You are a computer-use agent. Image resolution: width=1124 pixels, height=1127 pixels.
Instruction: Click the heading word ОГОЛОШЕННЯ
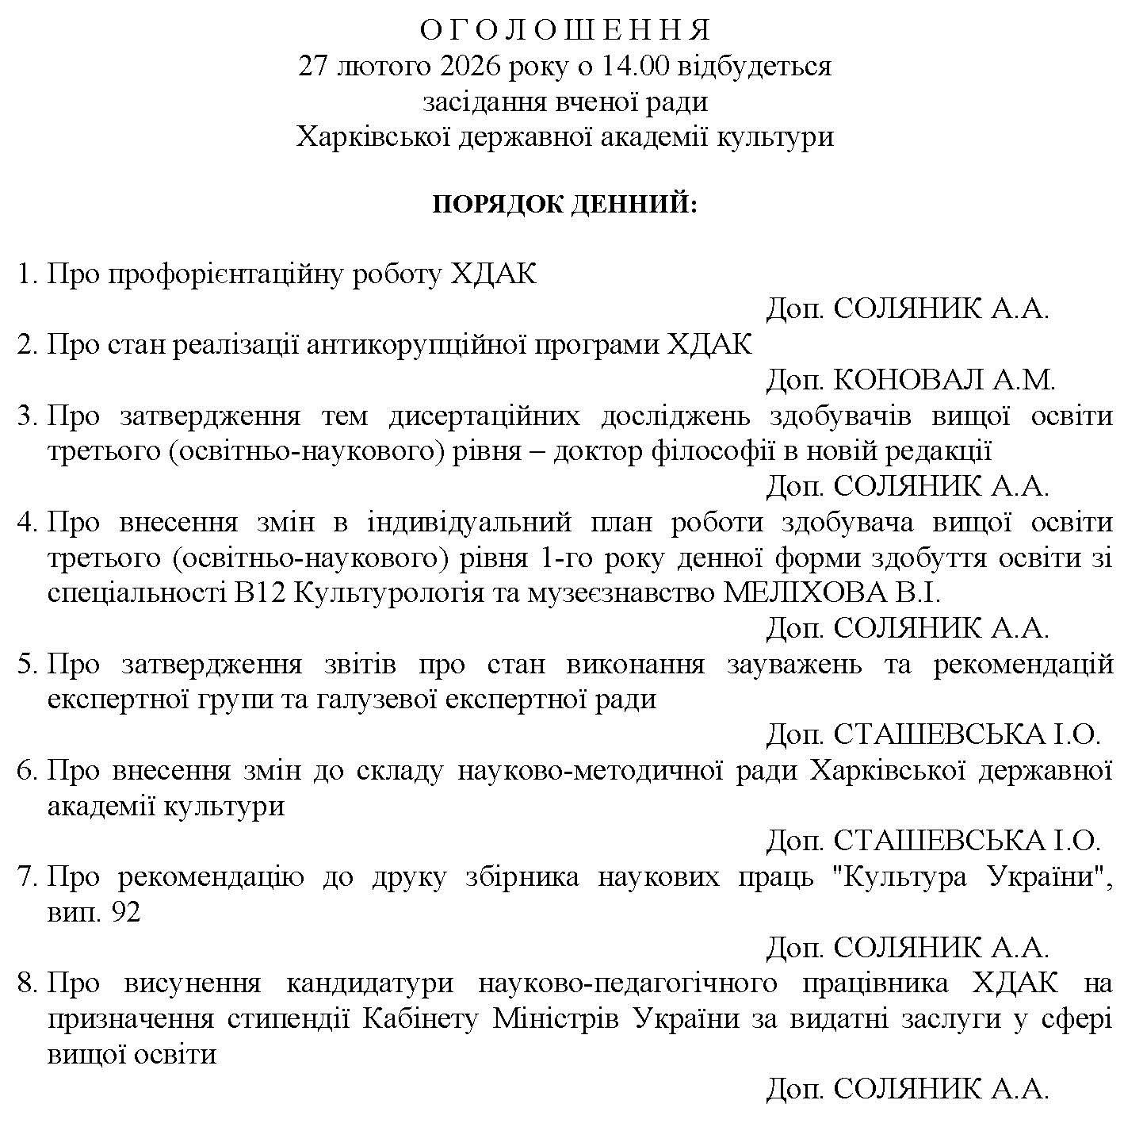(565, 30)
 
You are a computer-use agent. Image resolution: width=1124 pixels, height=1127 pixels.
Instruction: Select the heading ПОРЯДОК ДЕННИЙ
(565, 205)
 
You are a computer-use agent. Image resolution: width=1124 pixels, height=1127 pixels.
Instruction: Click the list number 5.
(25, 665)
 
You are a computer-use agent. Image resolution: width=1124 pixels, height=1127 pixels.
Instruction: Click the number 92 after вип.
(127, 913)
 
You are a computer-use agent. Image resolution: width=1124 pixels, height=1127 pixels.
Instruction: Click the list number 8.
(25, 984)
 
